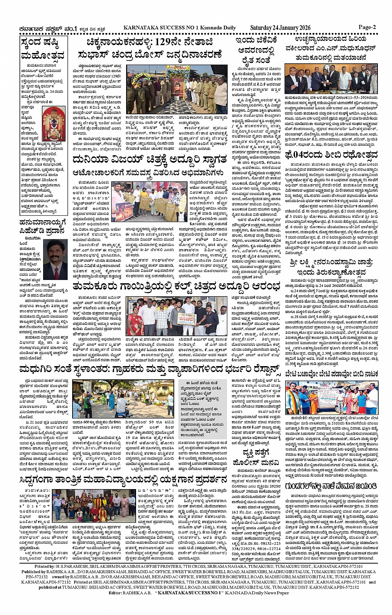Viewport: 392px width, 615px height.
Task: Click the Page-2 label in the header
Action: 367,27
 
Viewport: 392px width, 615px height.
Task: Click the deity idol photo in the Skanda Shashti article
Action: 54,124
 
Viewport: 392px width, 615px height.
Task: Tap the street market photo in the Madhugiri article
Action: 123,398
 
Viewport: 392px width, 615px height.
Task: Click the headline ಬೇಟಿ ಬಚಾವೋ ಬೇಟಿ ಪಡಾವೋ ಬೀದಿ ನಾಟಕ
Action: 331,373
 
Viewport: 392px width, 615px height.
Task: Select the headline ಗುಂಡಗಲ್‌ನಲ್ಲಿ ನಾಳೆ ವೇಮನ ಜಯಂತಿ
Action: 331,485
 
